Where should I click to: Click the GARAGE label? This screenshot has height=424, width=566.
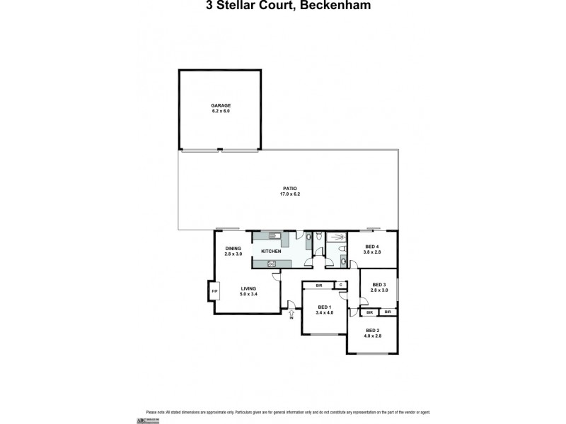coord(220,105)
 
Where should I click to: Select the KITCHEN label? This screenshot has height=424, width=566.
coord(271,252)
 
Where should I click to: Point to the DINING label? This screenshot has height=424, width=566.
coord(233,248)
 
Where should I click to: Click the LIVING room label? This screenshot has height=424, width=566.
coord(248,288)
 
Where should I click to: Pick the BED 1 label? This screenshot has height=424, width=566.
coord(325,307)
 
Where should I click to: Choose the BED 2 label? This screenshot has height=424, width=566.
coord(373,330)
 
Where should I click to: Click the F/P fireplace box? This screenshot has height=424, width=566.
coord(214,291)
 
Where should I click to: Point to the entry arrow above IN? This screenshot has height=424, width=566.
coord(291,312)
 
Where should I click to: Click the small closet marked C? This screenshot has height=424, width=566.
coord(340,285)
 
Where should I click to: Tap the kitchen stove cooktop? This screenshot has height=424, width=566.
coord(271,264)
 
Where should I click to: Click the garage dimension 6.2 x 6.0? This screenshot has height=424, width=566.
coord(220,111)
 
